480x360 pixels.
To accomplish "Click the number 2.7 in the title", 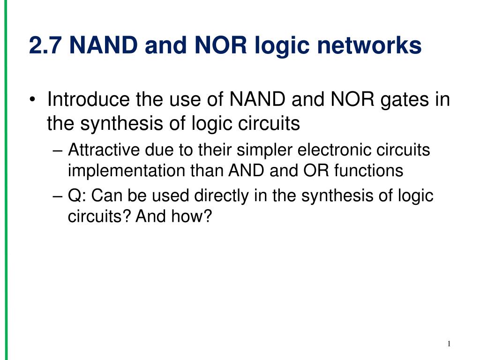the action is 45,45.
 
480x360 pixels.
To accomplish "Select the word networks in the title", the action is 369,45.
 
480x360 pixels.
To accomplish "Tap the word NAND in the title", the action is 104,45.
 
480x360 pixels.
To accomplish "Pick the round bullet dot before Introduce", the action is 32,99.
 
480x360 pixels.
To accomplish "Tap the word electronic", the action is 334,150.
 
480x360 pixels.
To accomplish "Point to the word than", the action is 207,170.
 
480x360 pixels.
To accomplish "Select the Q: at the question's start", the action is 77,195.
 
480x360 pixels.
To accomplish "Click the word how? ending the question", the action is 191,216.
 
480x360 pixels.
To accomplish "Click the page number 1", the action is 449,344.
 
